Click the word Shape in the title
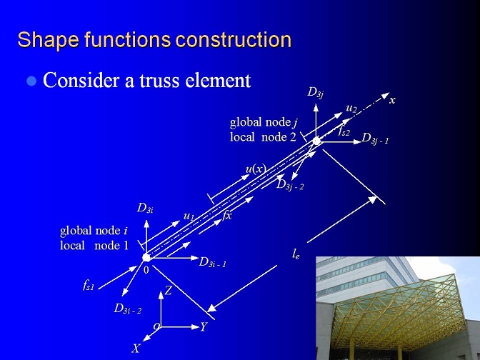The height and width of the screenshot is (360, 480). [48, 40]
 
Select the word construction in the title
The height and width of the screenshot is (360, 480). [234, 40]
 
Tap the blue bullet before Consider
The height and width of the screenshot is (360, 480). [31, 81]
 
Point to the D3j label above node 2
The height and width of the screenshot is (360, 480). [315, 92]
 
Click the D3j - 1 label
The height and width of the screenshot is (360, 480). [375, 139]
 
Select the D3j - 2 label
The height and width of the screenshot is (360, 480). [290, 185]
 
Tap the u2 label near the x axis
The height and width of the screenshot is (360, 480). [351, 108]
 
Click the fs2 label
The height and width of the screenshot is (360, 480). [344, 131]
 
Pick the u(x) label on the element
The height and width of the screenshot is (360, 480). [256, 169]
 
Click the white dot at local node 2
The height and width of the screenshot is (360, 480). [316, 141]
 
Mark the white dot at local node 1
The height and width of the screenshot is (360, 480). [146, 257]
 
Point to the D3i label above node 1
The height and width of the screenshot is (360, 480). [145, 208]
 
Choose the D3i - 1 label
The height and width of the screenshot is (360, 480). [212, 262]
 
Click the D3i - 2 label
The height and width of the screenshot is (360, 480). [128, 309]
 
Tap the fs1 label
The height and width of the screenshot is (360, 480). [89, 285]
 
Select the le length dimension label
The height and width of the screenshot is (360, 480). [296, 254]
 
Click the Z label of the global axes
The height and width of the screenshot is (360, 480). [168, 291]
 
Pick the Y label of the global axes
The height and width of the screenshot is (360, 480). [204, 327]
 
